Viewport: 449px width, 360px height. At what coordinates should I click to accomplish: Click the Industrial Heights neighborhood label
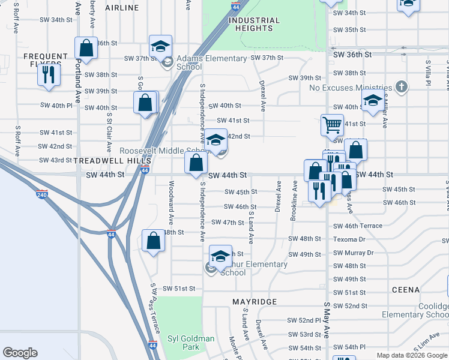pyautogui.click(x=254, y=25)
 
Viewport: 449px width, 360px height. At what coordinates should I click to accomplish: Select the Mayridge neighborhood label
pyautogui.click(x=255, y=301)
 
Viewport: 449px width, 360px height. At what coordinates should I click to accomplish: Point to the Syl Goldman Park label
pyautogui.click(x=190, y=343)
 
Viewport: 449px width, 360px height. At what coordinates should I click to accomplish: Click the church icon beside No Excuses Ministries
pyautogui.click(x=402, y=87)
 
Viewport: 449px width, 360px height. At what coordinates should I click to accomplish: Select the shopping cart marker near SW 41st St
pyautogui.click(x=331, y=125)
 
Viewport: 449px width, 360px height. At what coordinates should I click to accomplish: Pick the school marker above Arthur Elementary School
pyautogui.click(x=220, y=256)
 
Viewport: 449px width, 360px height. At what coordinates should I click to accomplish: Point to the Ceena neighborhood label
pyautogui.click(x=406, y=290)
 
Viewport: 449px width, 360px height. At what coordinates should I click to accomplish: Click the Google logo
pyautogui.click(x=20, y=353)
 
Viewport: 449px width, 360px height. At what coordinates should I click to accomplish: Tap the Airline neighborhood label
pyautogui.click(x=122, y=8)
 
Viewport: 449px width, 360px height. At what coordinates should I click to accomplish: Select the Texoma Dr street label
pyautogui.click(x=350, y=239)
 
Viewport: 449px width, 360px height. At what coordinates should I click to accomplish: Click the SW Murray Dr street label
pyautogui.click(x=354, y=253)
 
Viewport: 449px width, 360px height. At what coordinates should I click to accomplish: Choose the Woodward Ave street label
pyautogui.click(x=171, y=203)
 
